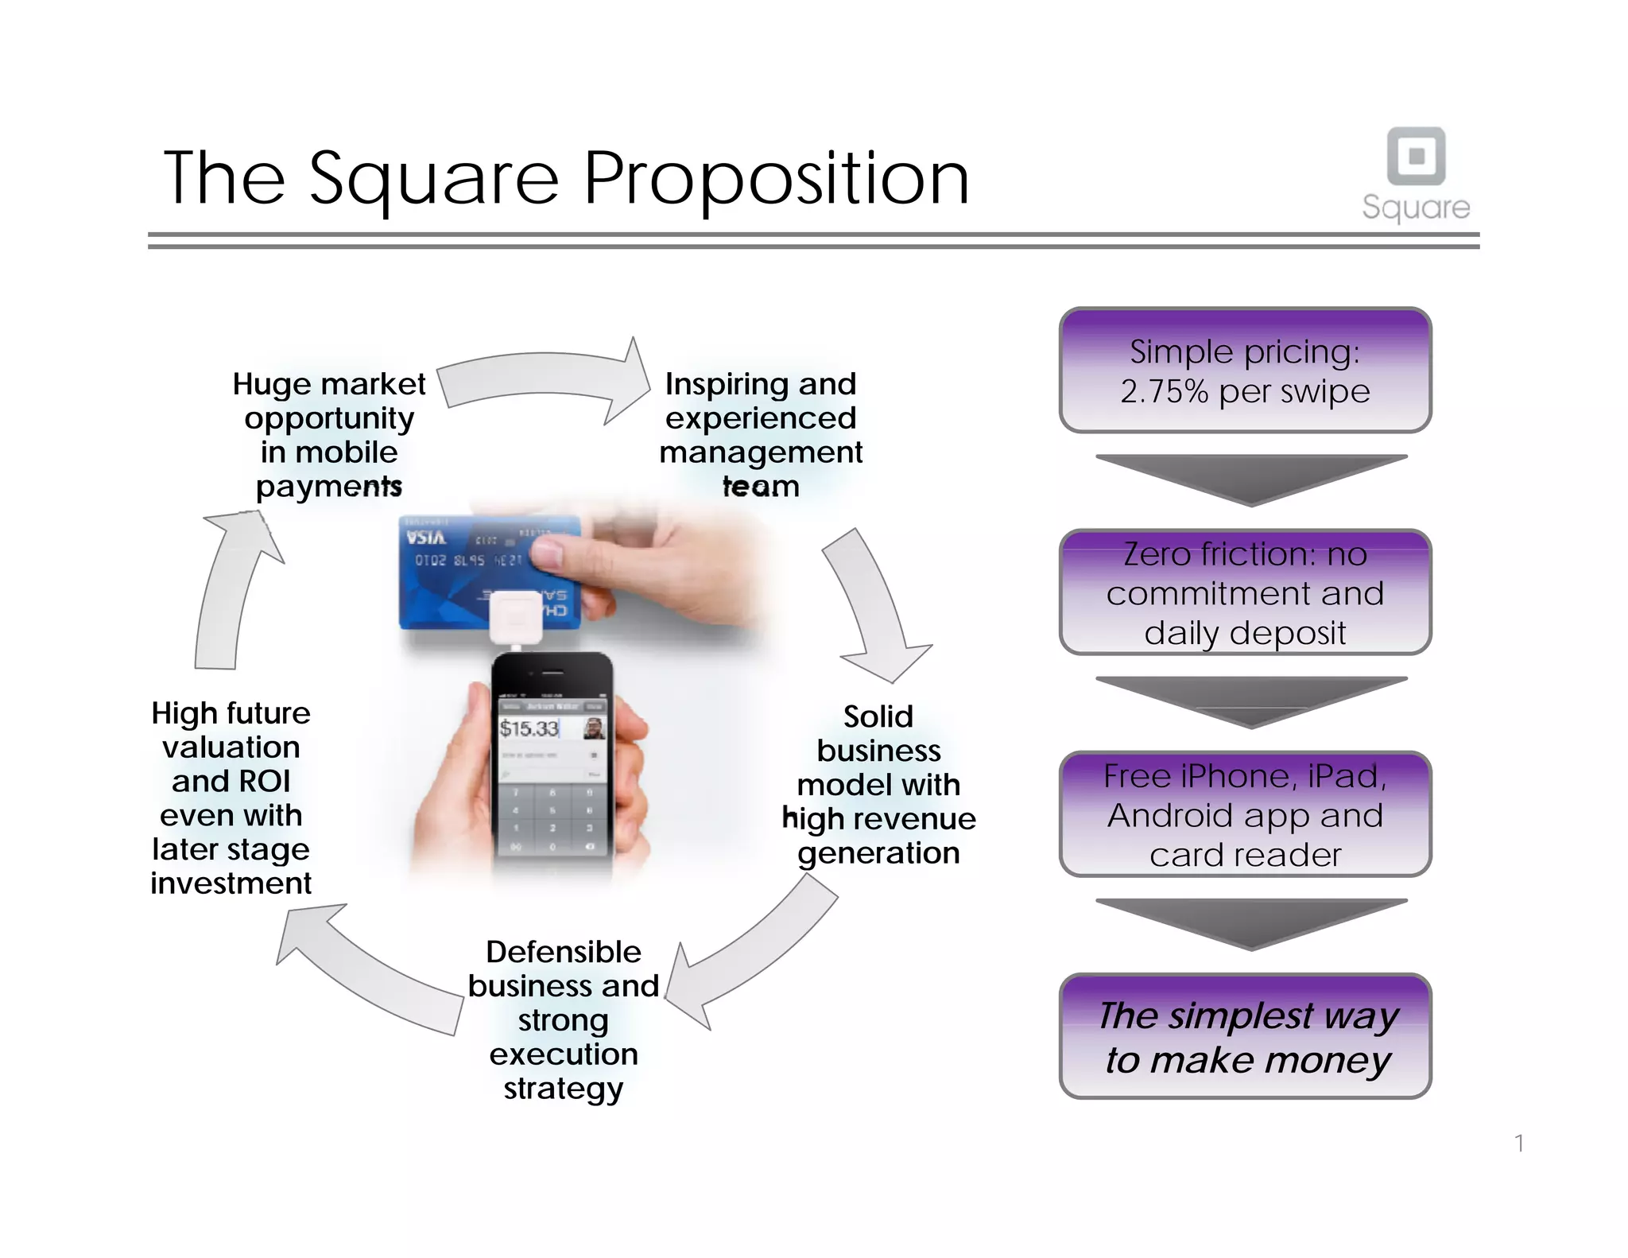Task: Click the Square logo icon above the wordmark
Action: (x=1416, y=155)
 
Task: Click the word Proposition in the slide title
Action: (x=777, y=179)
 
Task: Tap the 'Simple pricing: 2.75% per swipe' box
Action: (x=1245, y=371)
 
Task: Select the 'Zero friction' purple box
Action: (x=1245, y=592)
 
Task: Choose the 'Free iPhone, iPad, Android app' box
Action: (x=1245, y=814)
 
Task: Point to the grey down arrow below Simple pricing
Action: (x=1250, y=478)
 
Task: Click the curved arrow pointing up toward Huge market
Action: (x=231, y=588)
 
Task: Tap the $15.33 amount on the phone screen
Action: (x=529, y=728)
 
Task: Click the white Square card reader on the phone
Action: (x=516, y=616)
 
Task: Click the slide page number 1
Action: (x=1519, y=1143)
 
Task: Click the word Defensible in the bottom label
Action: (x=564, y=952)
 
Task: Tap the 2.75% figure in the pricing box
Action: (x=1164, y=392)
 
